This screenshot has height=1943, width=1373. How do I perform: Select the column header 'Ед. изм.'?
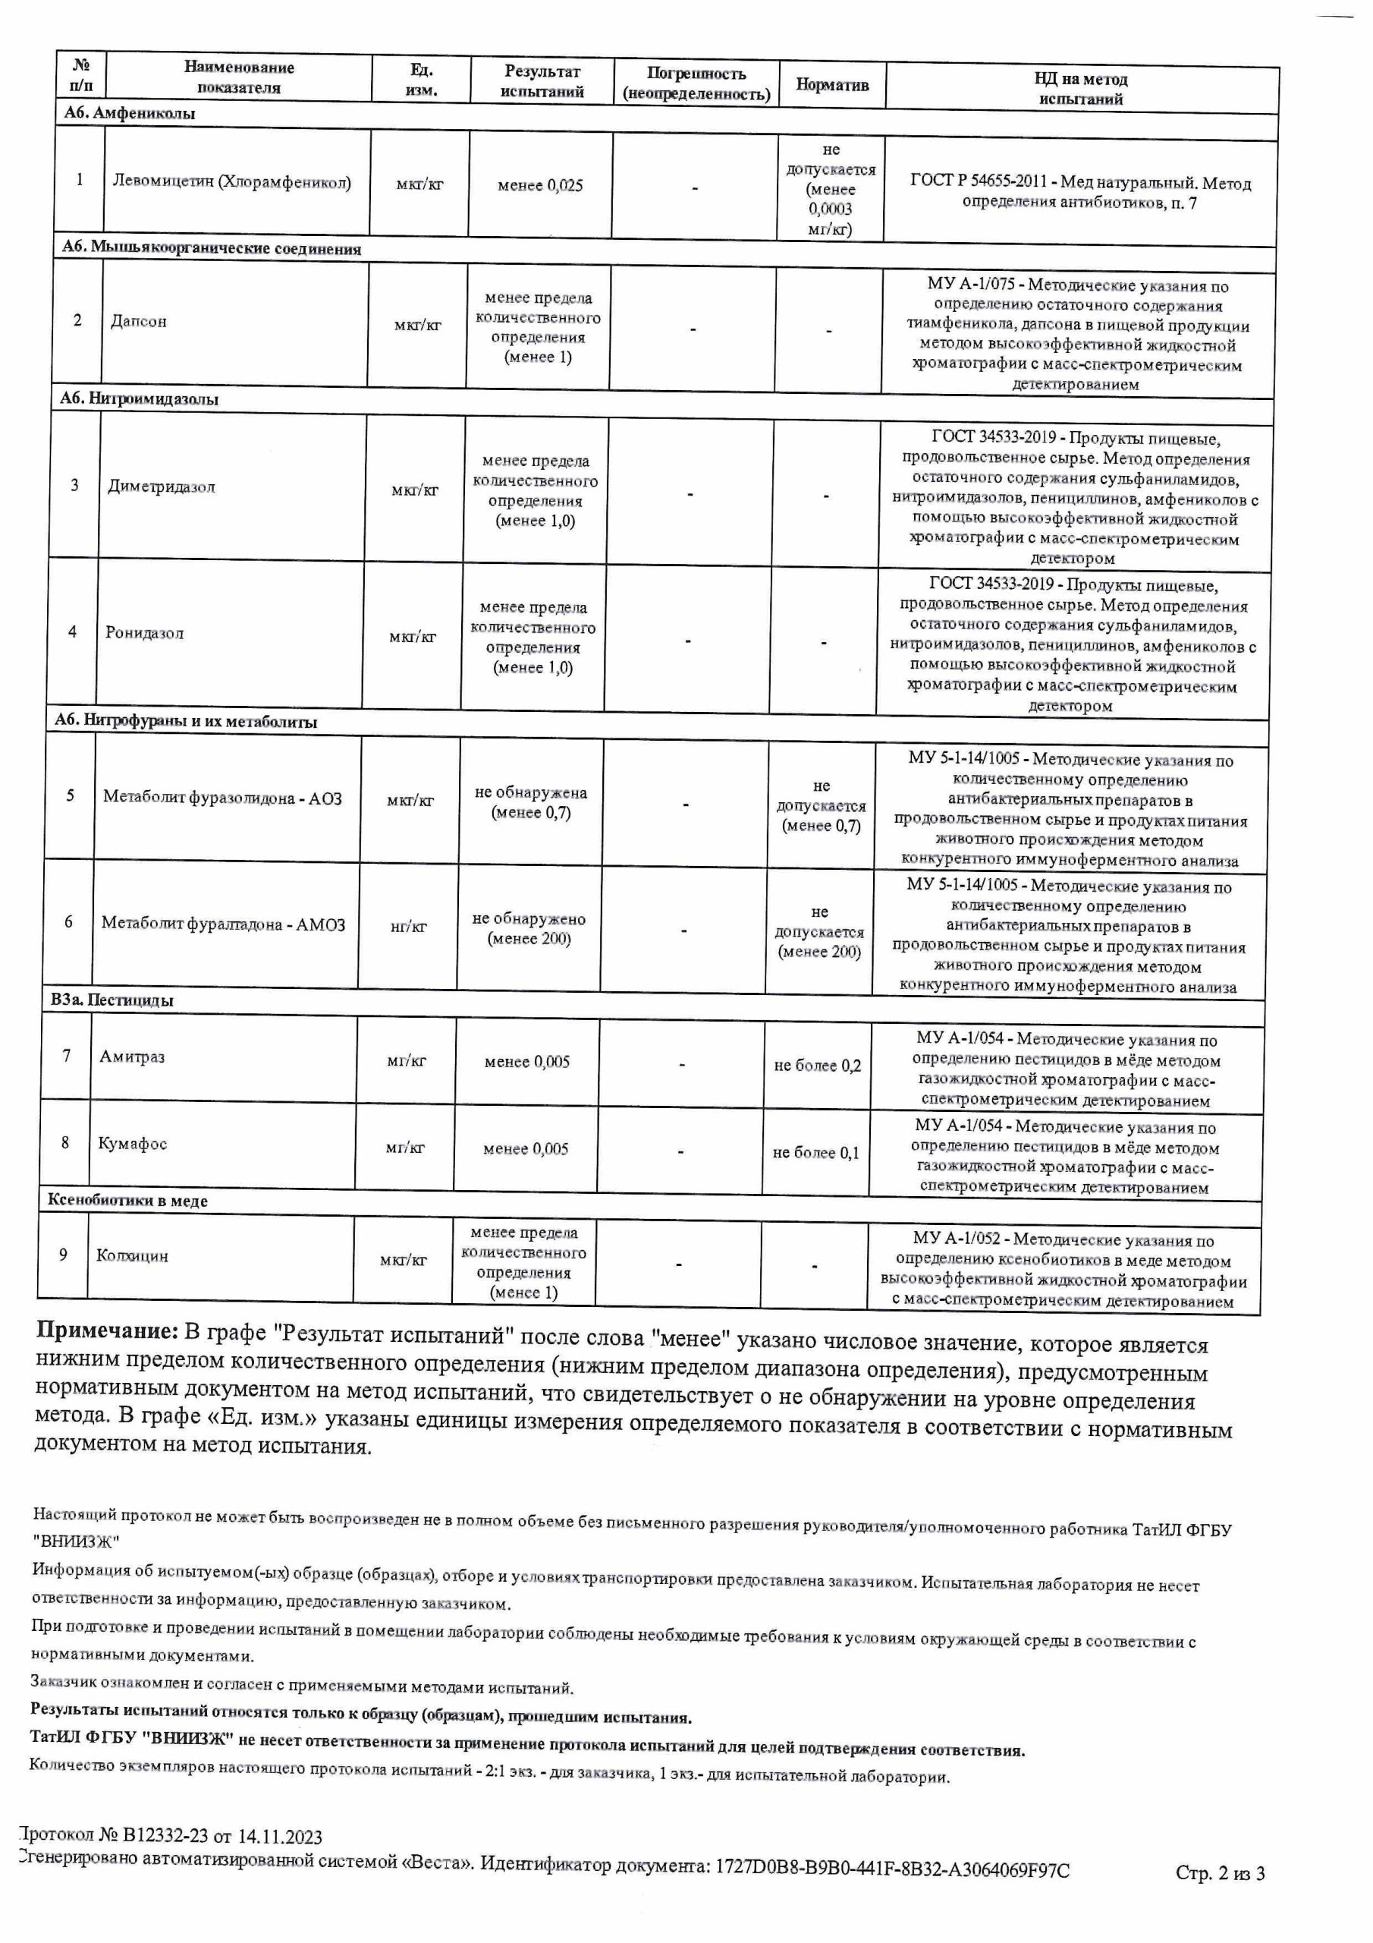pyautogui.click(x=421, y=80)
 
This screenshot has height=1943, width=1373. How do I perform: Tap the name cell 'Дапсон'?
pyautogui.click(x=139, y=322)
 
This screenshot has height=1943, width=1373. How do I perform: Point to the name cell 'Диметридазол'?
pyautogui.click(x=162, y=487)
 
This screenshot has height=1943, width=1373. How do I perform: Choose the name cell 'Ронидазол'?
pyautogui.click(x=144, y=633)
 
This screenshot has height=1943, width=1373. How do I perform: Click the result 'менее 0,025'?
pyautogui.click(x=540, y=185)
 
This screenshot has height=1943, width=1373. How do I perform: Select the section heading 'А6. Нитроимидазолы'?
pyautogui.click(x=140, y=398)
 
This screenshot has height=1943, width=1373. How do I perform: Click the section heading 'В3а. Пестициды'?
pyautogui.click(x=112, y=1000)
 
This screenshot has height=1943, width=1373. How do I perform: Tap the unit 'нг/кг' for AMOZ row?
pyautogui.click(x=408, y=927)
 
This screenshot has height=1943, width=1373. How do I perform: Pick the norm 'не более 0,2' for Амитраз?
pyautogui.click(x=817, y=1066)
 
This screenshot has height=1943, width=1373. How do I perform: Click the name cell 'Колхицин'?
pyautogui.click(x=132, y=1256)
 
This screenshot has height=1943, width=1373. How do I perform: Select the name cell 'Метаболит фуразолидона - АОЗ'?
pyautogui.click(x=222, y=797)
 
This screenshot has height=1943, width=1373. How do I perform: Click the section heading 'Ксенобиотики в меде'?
pyautogui.click(x=127, y=1201)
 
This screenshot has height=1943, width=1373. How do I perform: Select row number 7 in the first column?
pyautogui.click(x=67, y=1055)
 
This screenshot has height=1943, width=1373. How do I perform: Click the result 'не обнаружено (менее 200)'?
pyautogui.click(x=529, y=928)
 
